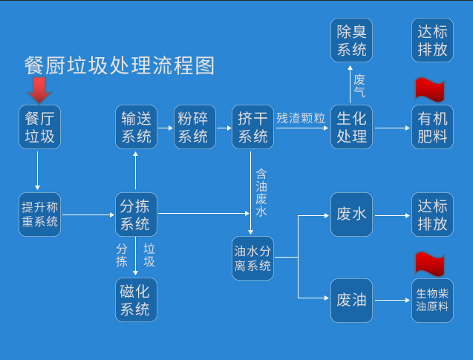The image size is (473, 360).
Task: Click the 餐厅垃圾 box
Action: [x=40, y=127]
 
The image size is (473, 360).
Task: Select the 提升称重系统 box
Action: [x=40, y=215]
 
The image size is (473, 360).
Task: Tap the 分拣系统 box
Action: [x=135, y=215]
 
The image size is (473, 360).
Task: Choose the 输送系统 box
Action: [x=135, y=127]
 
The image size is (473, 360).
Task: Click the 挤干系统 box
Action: [x=252, y=127]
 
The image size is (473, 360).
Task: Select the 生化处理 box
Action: [x=352, y=127]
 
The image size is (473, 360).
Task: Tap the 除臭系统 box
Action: [x=352, y=41]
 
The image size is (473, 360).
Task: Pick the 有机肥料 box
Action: [x=432, y=127]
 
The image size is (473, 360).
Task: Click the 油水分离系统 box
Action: [x=253, y=258]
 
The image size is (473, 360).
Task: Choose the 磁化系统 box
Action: [x=135, y=300]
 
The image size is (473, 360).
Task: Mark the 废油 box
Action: [x=352, y=300]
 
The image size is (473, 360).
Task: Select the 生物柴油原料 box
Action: [x=432, y=300]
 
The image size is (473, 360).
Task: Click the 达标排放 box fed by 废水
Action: [x=432, y=215]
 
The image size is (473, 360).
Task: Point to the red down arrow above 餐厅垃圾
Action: [x=39, y=91]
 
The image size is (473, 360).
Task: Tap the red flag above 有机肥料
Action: [x=429, y=89]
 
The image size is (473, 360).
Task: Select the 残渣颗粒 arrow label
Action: [x=301, y=118]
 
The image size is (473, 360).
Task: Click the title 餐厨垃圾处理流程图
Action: [x=120, y=66]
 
